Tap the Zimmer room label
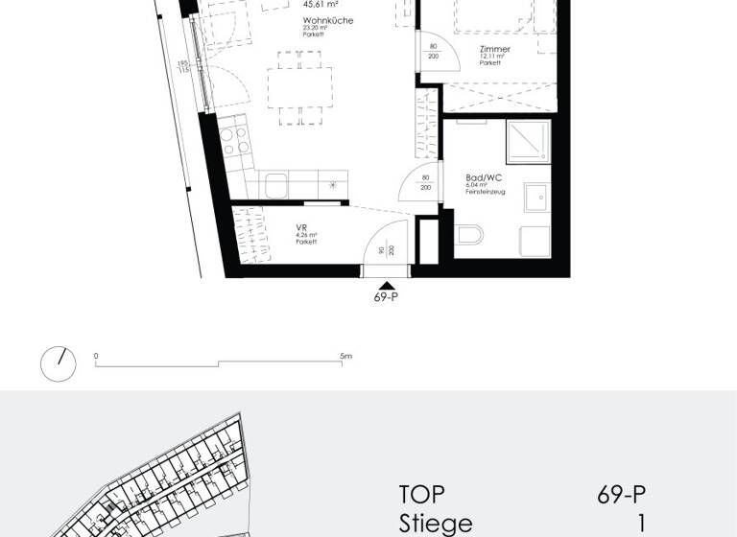click(495, 49)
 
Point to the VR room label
click(301, 228)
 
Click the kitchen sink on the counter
click(273, 184)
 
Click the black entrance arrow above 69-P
click(386, 285)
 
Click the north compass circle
click(58, 364)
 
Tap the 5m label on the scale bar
click(345, 356)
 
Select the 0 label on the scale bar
click(96, 356)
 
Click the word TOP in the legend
click(422, 495)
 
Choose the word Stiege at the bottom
click(436, 524)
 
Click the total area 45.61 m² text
click(321, 4)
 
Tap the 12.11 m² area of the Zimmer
click(493, 57)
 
